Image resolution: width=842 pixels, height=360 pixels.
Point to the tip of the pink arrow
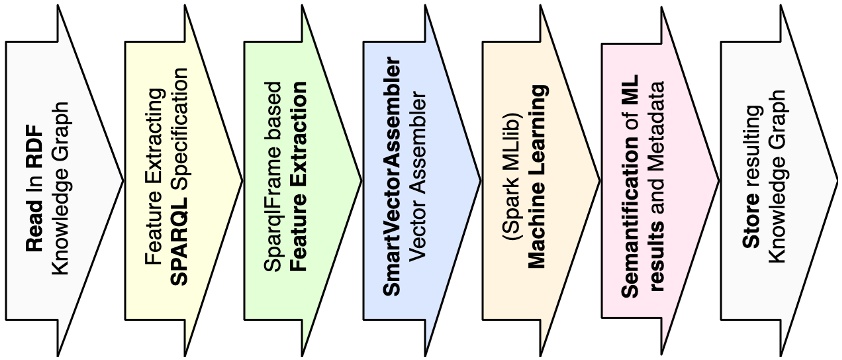tap(717, 181)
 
